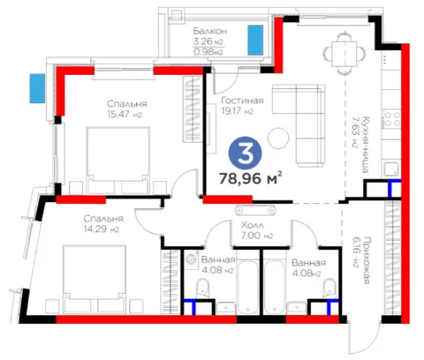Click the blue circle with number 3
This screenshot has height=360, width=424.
(245, 153)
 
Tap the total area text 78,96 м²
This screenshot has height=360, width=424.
(251, 178)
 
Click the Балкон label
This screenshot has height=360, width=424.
(210, 31)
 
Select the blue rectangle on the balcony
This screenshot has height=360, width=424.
(256, 40)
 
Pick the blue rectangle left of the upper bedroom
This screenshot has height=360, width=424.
(37, 88)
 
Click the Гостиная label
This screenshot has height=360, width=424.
(242, 100)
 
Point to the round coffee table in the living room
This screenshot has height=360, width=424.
(278, 138)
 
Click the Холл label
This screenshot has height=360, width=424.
(252, 225)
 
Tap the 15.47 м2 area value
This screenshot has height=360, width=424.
(124, 114)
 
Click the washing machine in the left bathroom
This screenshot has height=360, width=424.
(192, 259)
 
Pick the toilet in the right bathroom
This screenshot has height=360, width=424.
(329, 288)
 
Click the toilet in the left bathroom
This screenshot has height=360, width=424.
(202, 288)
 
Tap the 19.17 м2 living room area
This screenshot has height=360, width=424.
(237, 111)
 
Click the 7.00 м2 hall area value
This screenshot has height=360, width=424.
(257, 235)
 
